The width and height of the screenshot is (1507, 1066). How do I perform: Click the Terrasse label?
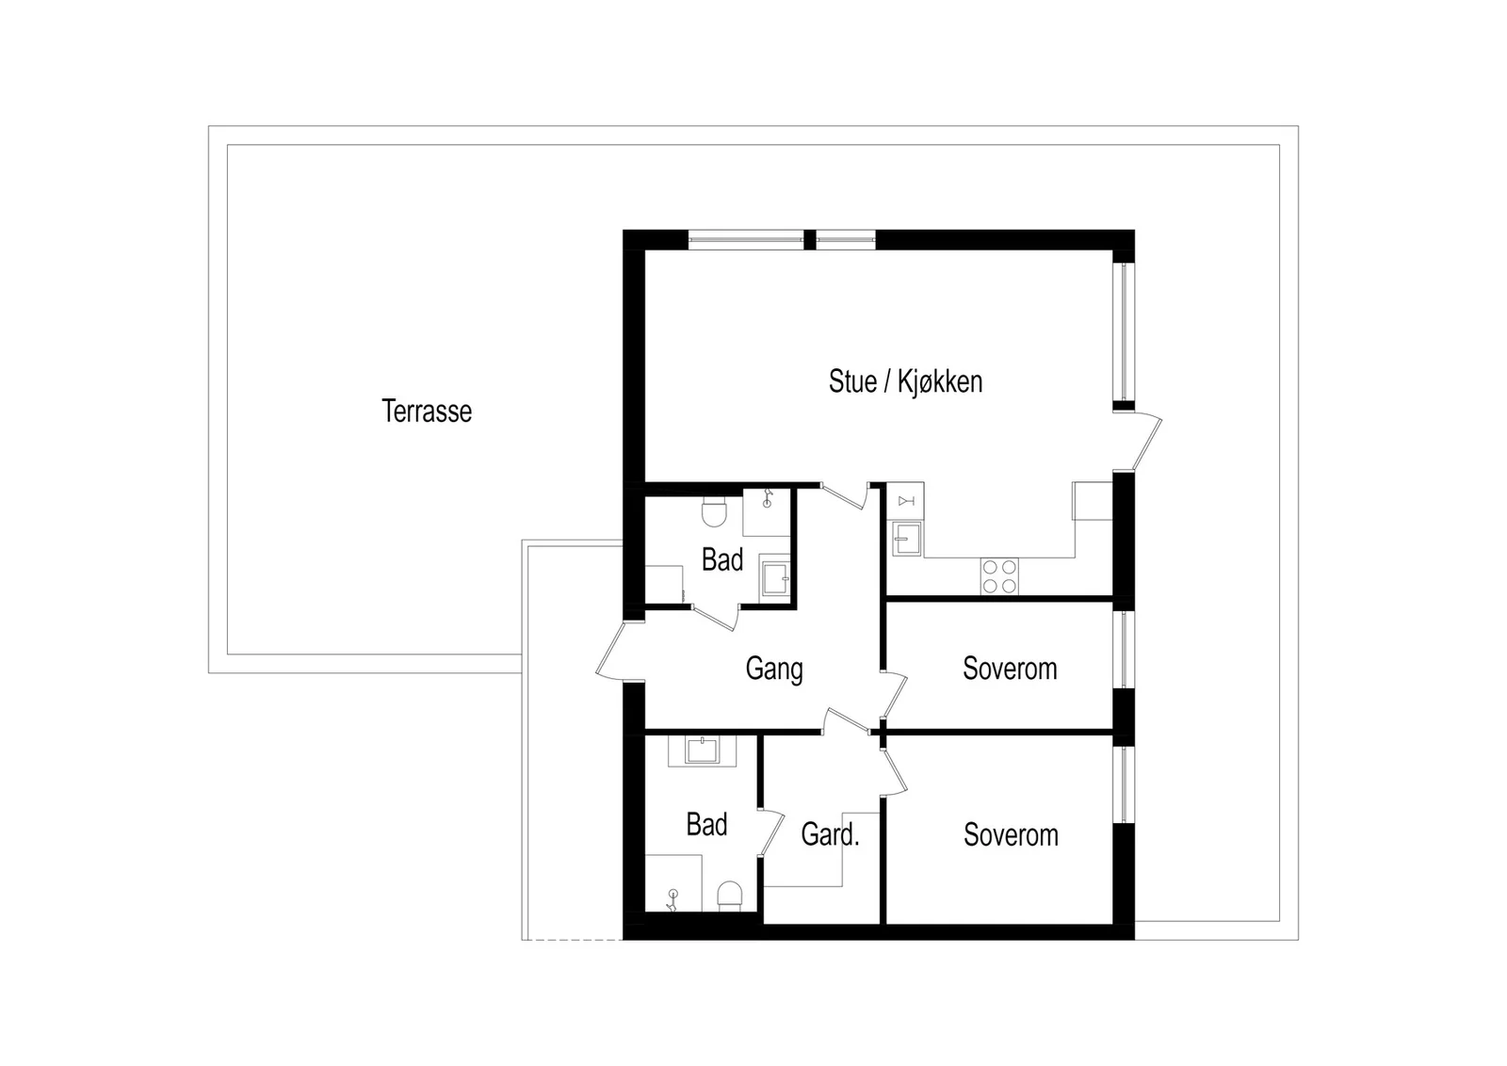pos(427,411)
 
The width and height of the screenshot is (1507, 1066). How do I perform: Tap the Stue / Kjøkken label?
pos(905,381)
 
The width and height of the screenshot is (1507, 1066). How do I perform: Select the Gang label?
pos(773,670)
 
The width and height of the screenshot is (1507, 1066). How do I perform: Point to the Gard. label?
pos(830,834)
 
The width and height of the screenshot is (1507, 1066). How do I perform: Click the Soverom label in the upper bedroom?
pos(1010,669)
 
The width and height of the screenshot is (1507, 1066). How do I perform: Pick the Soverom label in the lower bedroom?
pos(1011,834)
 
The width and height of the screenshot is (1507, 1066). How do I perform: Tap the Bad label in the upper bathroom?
pos(721,559)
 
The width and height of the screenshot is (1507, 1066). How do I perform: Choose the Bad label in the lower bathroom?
pos(706,825)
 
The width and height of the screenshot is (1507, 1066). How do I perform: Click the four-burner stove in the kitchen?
pos(999,576)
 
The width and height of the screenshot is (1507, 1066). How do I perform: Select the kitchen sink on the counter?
pos(906,539)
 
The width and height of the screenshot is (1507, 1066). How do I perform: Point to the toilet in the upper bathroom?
pos(714,512)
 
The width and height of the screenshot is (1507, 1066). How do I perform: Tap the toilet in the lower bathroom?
pos(729,896)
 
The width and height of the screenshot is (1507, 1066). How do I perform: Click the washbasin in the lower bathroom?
pos(703,750)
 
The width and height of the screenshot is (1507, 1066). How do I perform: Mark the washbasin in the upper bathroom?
pos(775,577)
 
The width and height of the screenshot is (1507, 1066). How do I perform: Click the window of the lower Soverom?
pos(1124,784)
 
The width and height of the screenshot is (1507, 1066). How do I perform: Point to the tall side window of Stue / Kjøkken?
pos(1124,331)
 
